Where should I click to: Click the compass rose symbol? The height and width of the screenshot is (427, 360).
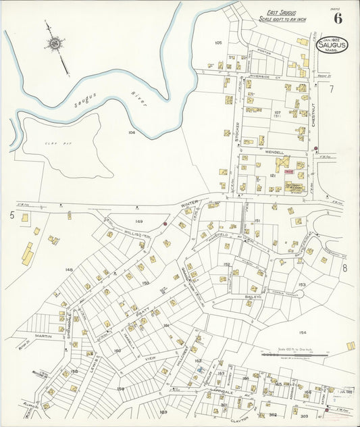click(x=54, y=45)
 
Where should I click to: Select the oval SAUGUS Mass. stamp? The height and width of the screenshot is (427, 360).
click(x=333, y=45)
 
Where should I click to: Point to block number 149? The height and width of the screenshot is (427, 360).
click(x=139, y=221)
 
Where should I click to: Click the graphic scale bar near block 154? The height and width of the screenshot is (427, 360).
click(x=291, y=354)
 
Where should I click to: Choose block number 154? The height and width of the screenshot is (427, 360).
click(x=303, y=332)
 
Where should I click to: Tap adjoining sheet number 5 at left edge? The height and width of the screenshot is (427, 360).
click(x=11, y=215)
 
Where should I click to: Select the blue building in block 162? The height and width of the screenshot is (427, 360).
click(x=201, y=370)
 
